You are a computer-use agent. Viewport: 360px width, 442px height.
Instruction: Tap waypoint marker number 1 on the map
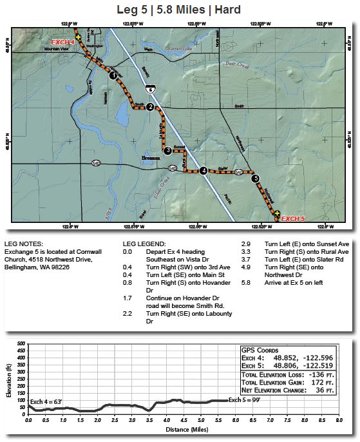(114, 75)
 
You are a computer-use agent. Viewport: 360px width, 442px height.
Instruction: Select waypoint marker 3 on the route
(167, 151)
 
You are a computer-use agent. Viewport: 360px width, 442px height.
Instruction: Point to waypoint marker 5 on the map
(256, 178)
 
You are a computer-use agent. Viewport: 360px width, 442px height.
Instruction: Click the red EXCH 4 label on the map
(63, 42)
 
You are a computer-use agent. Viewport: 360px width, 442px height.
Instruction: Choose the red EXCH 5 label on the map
(292, 218)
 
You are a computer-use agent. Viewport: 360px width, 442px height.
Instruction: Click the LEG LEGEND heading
(144, 245)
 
